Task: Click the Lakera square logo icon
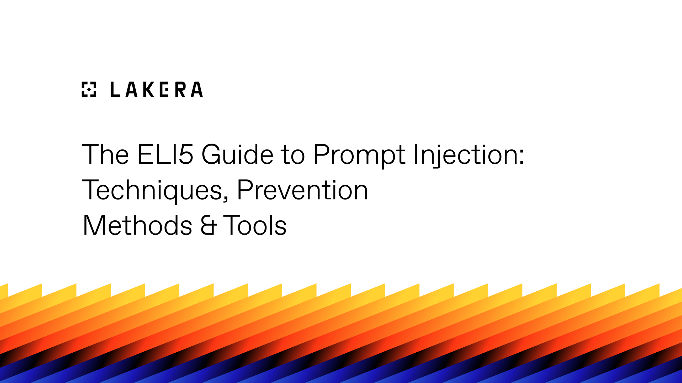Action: coord(89,89)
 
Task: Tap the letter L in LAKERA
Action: coord(115,90)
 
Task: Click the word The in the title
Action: coord(105,154)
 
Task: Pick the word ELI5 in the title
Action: coord(165,154)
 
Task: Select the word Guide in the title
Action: coord(237,154)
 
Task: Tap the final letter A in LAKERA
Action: coord(197,90)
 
